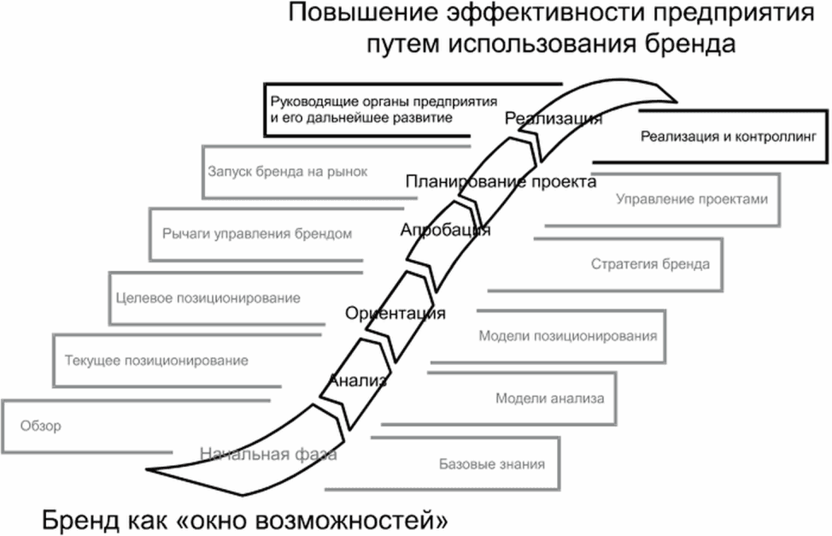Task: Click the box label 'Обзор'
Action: (x=41, y=426)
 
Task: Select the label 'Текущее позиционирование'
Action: (x=156, y=361)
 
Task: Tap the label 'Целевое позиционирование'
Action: (x=208, y=298)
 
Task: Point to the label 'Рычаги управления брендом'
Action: (x=257, y=233)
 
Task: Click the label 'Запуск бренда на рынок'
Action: (x=288, y=172)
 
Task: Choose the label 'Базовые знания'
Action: (x=492, y=464)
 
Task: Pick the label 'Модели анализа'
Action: (x=550, y=398)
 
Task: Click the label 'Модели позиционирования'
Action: (x=568, y=336)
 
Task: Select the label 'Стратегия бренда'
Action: (x=650, y=264)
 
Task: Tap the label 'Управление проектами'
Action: (x=692, y=199)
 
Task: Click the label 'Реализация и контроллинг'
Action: (x=728, y=137)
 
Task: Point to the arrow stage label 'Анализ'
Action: (x=358, y=380)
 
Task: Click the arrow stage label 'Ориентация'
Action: (x=395, y=313)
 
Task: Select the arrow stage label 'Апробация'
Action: (x=445, y=230)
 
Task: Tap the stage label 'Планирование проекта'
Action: (x=501, y=182)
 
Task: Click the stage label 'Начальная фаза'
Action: (x=268, y=454)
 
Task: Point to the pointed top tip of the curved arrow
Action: (x=677, y=102)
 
